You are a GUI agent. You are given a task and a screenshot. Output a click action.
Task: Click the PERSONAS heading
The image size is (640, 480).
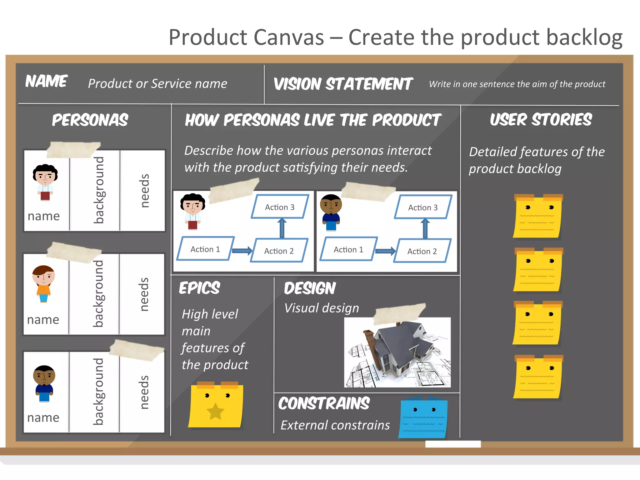[90, 120]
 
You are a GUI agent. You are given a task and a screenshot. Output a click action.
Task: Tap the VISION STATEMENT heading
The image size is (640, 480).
[343, 84]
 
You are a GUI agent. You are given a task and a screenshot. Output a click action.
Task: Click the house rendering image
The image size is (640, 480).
[397, 352]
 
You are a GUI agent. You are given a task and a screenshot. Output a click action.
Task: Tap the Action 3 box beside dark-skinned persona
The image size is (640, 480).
[423, 207]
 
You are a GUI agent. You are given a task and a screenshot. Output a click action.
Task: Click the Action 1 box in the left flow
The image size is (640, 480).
[205, 249]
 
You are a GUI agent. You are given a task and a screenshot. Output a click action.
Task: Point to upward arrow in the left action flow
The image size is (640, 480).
[282, 228]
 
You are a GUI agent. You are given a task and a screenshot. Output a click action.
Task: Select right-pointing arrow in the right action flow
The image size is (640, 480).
[385, 251]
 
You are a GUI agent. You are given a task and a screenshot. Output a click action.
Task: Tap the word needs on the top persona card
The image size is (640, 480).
[144, 191]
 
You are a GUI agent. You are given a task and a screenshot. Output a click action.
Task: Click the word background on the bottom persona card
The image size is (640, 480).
[98, 392]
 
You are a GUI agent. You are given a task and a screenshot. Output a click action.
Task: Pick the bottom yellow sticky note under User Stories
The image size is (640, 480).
[537, 377]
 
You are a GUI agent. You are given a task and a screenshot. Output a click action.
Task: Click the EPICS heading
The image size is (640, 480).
[199, 288]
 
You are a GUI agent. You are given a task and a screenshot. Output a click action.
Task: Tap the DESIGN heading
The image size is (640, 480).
[310, 288]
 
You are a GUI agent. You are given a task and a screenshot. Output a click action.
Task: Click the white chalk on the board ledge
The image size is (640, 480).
[453, 444]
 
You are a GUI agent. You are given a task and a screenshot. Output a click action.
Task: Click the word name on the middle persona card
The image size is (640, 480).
[43, 320]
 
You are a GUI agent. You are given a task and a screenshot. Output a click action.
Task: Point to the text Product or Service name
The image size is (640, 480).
[157, 84]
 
